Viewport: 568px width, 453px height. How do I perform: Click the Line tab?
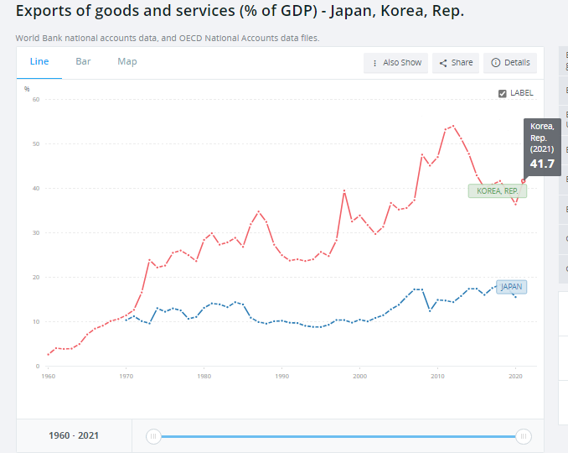pos(39,61)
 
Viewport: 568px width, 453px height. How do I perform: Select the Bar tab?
pos(83,61)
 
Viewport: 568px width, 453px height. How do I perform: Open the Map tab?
pos(127,61)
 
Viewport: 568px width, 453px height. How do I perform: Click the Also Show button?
pos(396,63)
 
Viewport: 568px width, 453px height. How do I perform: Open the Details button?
pos(510,63)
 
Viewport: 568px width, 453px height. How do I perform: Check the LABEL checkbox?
pos(502,93)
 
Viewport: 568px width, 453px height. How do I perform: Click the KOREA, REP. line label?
pos(498,190)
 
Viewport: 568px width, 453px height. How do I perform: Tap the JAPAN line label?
pos(511,287)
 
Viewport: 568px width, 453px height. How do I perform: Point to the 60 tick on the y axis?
pos(36,100)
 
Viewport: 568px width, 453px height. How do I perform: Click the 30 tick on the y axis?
pos(36,233)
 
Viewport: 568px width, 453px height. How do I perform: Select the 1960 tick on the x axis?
pos(49,377)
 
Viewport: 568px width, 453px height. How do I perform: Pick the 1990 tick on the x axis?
pos(282,377)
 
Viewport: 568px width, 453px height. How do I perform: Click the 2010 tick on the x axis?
pos(438,377)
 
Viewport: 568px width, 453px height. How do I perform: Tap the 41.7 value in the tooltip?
pos(542,164)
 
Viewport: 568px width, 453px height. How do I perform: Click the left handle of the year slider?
pos(153,436)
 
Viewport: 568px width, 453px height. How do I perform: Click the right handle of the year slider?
pos(523,436)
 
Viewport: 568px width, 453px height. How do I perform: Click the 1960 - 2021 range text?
pos(74,436)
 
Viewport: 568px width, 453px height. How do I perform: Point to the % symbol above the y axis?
pos(27,89)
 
